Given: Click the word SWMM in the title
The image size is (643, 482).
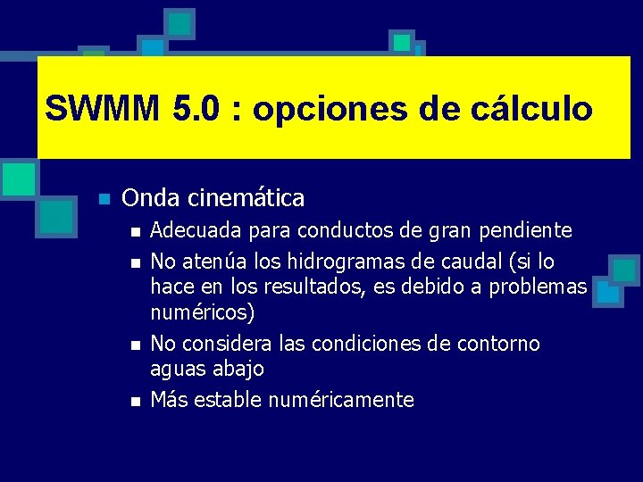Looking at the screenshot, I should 100,109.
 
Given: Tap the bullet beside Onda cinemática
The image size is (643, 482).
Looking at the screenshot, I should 104,198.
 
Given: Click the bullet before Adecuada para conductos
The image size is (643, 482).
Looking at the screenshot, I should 134,232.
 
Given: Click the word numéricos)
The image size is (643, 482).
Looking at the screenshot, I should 202,313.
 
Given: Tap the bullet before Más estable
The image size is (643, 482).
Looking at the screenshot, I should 134,401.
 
